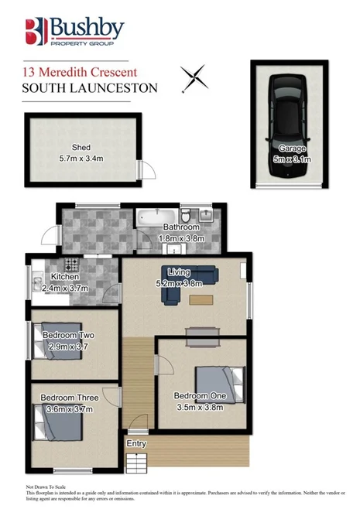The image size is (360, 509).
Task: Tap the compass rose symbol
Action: tap(193, 77)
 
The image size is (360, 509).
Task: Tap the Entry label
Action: tap(136, 443)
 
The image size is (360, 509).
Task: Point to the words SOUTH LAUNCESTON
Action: tap(89, 87)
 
